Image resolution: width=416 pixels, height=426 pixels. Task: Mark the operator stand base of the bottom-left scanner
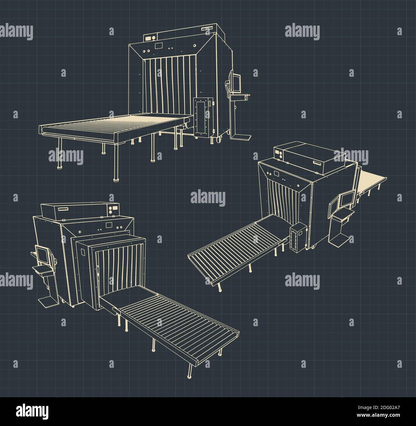[x=47, y=301]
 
